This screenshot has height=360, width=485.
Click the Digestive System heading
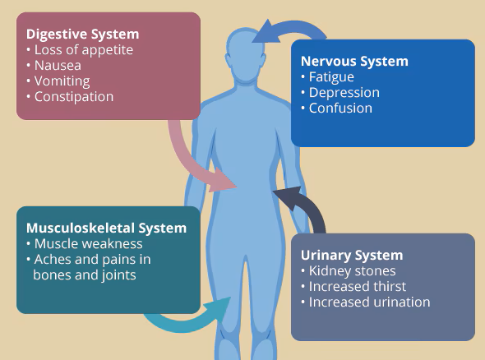coord(82,35)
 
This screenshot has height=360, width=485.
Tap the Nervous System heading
coord(354,62)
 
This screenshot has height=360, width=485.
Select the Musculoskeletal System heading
coord(106,228)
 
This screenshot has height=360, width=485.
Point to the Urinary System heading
coord(352,256)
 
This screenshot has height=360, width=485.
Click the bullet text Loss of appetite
coord(84,50)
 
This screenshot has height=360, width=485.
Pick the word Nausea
coord(58,66)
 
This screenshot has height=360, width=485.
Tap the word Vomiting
coord(62,81)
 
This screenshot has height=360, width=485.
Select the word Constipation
coord(74,97)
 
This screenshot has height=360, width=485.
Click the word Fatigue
coord(331,77)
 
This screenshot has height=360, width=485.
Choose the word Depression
coord(344,93)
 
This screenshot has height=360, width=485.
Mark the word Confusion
coord(340,108)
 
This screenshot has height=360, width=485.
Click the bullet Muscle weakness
coord(89,244)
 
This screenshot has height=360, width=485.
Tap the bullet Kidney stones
coord(353,271)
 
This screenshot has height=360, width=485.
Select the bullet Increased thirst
coord(358,286)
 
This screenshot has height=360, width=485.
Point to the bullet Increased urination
coord(370,302)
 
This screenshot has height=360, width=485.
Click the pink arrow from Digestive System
coord(185,160)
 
